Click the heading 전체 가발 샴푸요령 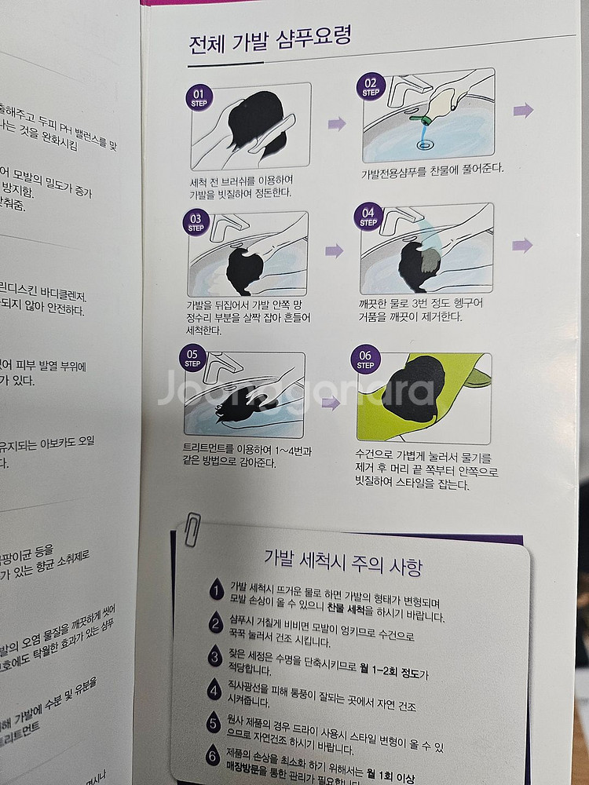click(270, 41)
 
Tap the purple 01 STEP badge click(199, 97)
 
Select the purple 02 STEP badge click(370, 86)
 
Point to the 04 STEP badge click(368, 217)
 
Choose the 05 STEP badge click(192, 358)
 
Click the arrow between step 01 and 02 click(337, 123)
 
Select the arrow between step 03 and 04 click(335, 250)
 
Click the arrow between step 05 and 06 click(331, 403)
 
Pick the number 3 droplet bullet click(214, 657)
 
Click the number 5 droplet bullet click(213, 723)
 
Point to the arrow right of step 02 click(523, 110)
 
